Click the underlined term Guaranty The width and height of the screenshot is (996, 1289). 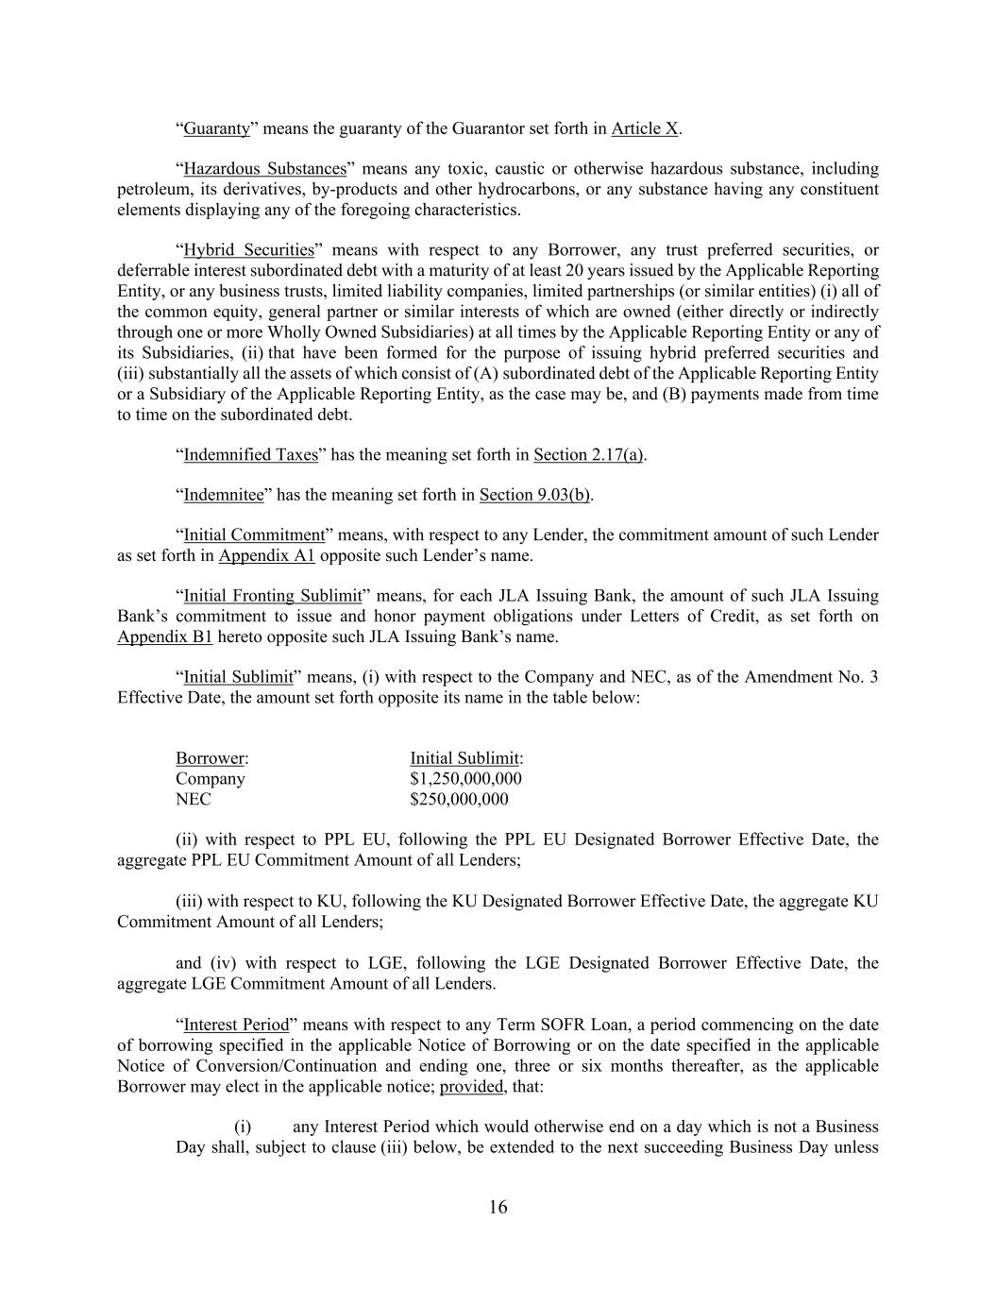pyautogui.click(x=216, y=128)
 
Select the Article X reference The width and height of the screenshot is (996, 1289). pyautogui.click(x=645, y=128)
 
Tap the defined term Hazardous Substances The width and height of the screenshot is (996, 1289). pyautogui.click(x=264, y=169)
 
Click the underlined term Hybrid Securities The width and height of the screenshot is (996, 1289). pyautogui.click(x=248, y=250)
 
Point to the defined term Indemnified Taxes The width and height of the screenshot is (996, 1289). pyautogui.click(x=250, y=455)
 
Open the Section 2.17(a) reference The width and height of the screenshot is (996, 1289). pyautogui.click(x=588, y=455)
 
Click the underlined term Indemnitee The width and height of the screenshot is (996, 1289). pyautogui.click(x=224, y=495)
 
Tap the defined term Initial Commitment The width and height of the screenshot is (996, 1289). pyautogui.click(x=254, y=535)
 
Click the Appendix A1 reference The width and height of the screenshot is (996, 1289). pyautogui.click(x=266, y=555)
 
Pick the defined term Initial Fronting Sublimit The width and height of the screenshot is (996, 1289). pyautogui.click(x=273, y=596)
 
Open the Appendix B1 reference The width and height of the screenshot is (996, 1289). pyautogui.click(x=164, y=636)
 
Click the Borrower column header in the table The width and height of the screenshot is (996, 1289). pyautogui.click(x=211, y=758)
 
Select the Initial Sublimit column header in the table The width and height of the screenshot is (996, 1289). pyautogui.click(x=465, y=758)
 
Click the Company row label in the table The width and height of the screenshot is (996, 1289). pyautogui.click(x=210, y=779)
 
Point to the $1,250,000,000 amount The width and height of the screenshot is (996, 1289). pyautogui.click(x=465, y=779)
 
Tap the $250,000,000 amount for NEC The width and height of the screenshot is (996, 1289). pyautogui.click(x=459, y=800)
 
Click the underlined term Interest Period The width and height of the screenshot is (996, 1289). pyautogui.click(x=236, y=1026)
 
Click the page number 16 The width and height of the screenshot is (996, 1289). pyautogui.click(x=498, y=1207)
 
